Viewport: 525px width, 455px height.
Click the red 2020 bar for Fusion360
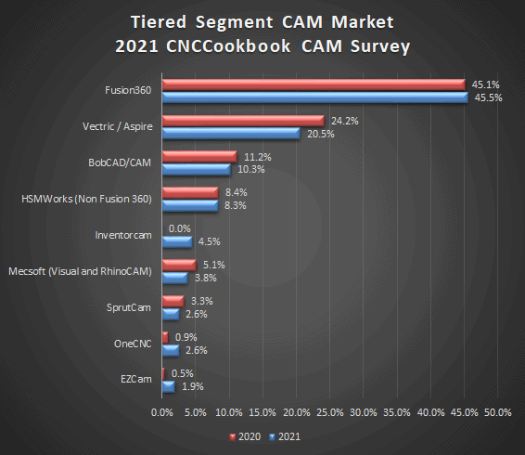click(314, 84)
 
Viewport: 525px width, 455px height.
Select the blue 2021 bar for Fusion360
click(314, 97)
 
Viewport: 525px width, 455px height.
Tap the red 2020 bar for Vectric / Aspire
click(243, 121)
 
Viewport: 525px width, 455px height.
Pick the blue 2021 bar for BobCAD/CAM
click(197, 170)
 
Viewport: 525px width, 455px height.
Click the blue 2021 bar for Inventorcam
click(177, 241)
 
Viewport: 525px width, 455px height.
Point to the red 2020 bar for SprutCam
click(173, 301)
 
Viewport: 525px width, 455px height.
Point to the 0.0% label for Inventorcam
click(178, 228)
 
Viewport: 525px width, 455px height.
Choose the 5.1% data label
click(211, 265)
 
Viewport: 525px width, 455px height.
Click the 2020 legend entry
click(244, 435)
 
